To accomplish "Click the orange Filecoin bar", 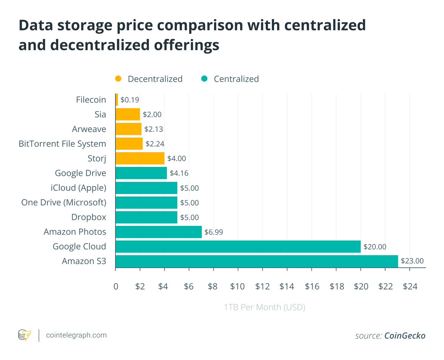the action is click(x=117, y=99).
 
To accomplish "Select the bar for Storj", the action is click(x=140, y=158).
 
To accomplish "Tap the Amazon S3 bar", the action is click(x=257, y=261).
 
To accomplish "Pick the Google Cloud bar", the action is click(x=238, y=246).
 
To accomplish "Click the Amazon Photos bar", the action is click(x=159, y=232).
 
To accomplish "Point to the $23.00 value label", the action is click(x=412, y=261).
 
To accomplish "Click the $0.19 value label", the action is click(x=130, y=100).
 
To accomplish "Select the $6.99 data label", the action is click(x=214, y=232).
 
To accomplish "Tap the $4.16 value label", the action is click(x=179, y=173).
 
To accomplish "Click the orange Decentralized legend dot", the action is click(x=118, y=79).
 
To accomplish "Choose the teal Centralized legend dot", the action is click(x=204, y=79).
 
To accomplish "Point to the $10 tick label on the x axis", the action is click(x=237, y=287).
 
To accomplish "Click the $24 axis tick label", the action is click(x=410, y=287).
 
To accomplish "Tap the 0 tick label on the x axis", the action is click(x=116, y=287).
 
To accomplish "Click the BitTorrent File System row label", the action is click(x=62, y=144).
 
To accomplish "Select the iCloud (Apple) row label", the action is click(x=79, y=188).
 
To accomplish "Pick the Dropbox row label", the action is click(x=89, y=217).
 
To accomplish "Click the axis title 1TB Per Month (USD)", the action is click(x=265, y=307).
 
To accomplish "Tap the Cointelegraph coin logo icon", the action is click(x=25, y=335).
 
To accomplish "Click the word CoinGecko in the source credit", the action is click(x=405, y=336).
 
